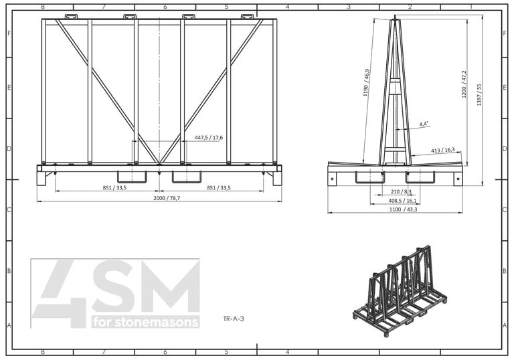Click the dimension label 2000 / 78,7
167,198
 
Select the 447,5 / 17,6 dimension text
209,137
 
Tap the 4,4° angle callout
424,124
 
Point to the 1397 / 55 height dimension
479,95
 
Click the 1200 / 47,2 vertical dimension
464,84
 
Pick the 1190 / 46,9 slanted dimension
366,82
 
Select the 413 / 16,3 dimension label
443,150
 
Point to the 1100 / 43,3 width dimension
403,209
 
